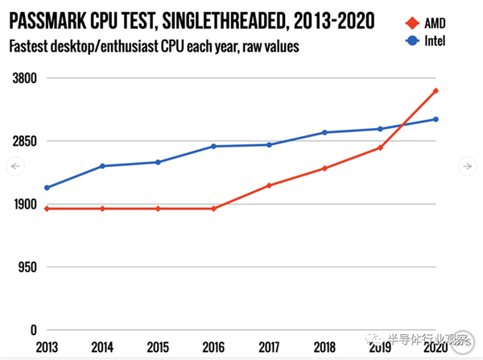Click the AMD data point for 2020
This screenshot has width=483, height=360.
(436, 91)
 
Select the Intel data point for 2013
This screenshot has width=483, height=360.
(47, 188)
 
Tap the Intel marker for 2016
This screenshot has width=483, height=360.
(213, 147)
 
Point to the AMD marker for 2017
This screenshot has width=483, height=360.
(269, 185)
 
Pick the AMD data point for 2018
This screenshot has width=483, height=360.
(324, 168)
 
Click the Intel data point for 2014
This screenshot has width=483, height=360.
(102, 166)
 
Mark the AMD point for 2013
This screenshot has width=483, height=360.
(47, 209)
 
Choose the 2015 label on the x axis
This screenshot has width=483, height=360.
(158, 348)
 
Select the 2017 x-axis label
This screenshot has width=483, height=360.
(269, 348)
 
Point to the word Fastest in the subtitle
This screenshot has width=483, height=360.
(31, 48)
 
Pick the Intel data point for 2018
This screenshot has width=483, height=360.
(324, 132)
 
